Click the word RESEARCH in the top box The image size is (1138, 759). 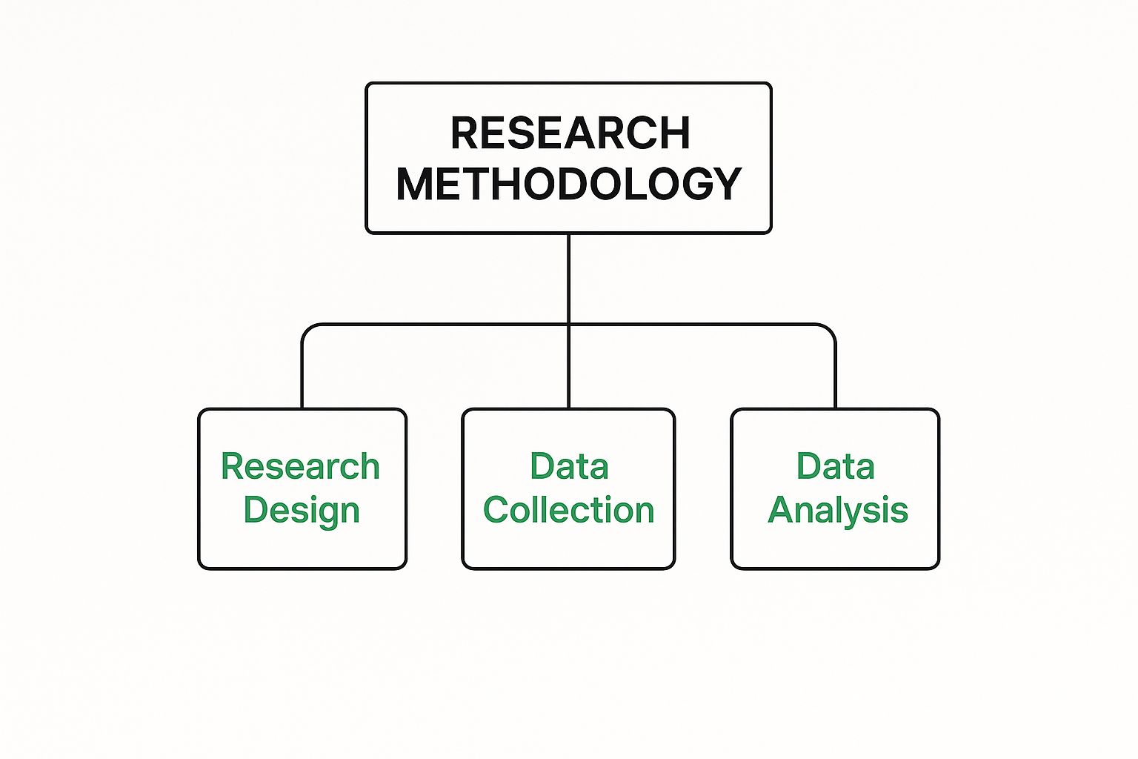(570, 133)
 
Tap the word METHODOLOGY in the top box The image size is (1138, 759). (569, 184)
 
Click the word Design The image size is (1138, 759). (302, 511)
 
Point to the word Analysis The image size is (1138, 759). (838, 511)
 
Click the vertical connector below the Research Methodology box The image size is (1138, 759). (568, 279)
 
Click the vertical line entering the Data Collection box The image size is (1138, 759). (568, 367)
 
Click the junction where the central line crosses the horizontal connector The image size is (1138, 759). (568, 325)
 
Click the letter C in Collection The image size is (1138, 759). (497, 510)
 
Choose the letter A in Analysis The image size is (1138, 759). (782, 509)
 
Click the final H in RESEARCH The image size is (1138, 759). (676, 133)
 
